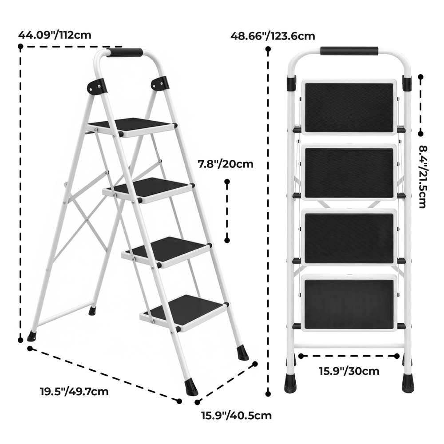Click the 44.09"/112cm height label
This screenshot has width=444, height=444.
55,35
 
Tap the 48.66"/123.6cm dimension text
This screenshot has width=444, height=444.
273,36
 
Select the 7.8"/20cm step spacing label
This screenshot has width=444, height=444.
226,164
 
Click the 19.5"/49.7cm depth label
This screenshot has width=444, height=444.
74,392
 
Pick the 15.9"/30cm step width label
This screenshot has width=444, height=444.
349,371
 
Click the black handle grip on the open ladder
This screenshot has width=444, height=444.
125,52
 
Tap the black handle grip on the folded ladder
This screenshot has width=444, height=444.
349,51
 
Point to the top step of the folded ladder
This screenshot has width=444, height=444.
349,107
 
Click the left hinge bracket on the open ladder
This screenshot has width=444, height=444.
97,86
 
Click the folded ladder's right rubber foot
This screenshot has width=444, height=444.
407,383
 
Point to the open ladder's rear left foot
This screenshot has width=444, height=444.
32,337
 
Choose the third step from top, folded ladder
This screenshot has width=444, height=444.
349,238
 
